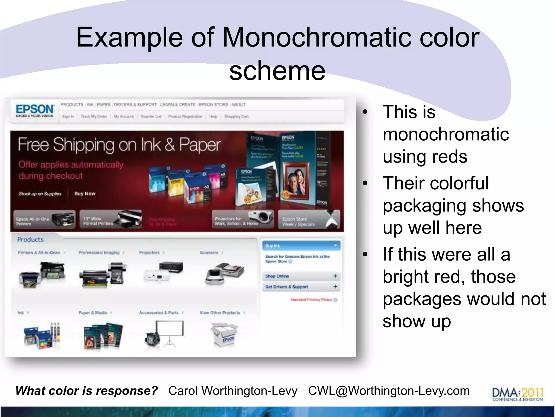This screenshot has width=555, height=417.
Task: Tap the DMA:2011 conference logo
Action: coord(517,394)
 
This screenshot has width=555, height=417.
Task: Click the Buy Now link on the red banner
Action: coord(85,194)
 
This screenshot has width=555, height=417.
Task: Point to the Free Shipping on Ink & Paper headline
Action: coord(119,144)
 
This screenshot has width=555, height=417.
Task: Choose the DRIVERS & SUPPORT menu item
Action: coord(135,105)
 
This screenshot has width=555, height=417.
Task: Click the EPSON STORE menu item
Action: coord(213,105)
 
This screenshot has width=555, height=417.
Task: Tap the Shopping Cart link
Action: coord(236,116)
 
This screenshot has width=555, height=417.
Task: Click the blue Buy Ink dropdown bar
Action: coord(301,246)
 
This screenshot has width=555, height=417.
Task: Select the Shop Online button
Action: coord(301,276)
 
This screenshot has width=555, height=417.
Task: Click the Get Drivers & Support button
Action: coord(301,287)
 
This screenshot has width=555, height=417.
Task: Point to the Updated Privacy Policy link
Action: coord(312,300)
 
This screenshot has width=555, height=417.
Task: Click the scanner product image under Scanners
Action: coord(225,273)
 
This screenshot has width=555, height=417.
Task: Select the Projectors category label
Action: coord(149,252)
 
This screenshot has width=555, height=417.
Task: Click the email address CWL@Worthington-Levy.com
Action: coord(389,391)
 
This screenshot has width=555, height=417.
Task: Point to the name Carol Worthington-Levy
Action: coord(233,391)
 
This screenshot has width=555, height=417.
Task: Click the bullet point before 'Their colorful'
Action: coord(365,183)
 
